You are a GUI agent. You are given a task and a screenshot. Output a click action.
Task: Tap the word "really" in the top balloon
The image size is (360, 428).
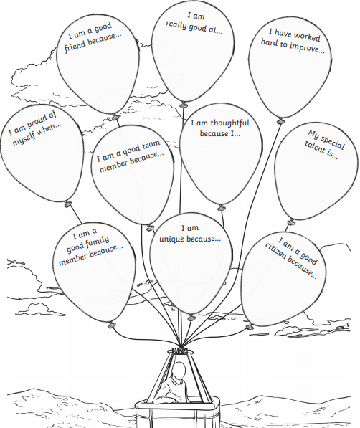click(x=176, y=25)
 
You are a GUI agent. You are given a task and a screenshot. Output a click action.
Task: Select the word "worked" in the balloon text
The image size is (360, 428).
click(x=307, y=37)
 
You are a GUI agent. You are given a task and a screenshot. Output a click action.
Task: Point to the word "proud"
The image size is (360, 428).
click(x=38, y=123)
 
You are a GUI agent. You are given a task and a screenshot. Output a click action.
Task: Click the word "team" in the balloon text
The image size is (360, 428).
click(x=150, y=146)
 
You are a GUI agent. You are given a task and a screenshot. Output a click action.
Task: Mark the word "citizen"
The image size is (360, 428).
click(x=275, y=252)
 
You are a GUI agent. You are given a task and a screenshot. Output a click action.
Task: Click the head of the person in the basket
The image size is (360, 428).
click(x=179, y=371)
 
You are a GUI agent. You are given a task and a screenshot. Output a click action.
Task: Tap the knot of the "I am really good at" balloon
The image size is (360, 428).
click(x=184, y=104)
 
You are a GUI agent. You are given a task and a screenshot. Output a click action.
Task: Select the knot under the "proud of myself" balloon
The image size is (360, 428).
click(x=67, y=204)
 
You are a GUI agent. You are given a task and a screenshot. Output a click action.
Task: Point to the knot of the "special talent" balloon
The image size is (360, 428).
click(x=291, y=222)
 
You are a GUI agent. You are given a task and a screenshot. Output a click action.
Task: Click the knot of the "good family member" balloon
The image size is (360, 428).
click(x=112, y=325)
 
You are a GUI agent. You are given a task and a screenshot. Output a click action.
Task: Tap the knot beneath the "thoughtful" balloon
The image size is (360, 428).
click(x=222, y=209)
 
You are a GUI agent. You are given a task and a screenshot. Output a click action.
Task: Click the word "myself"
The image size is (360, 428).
click(x=24, y=138)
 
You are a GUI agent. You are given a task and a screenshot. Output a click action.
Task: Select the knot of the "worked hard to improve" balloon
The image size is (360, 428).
click(x=280, y=120)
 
